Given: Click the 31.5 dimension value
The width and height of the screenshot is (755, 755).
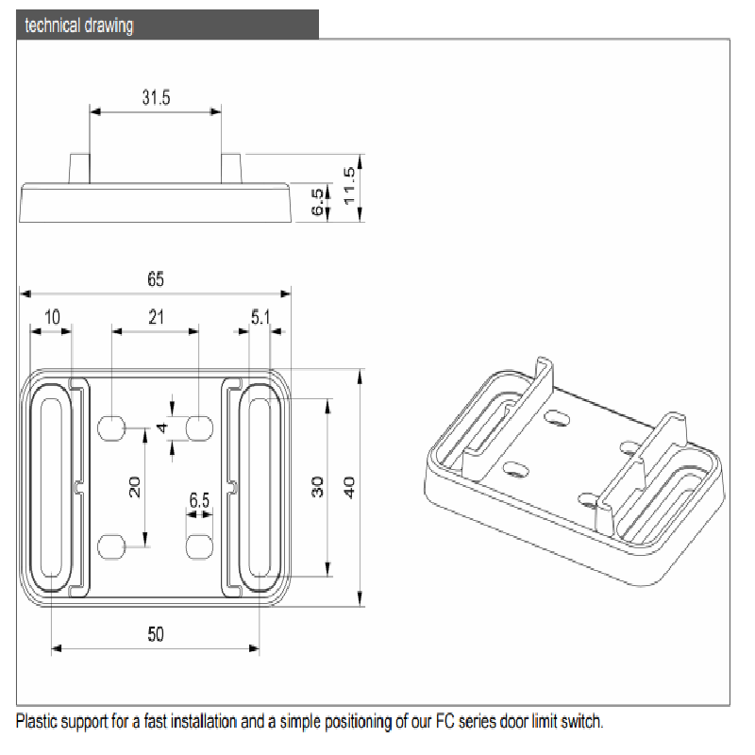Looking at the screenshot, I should click(x=156, y=97).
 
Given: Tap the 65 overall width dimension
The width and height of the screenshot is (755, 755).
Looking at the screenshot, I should click(x=156, y=279).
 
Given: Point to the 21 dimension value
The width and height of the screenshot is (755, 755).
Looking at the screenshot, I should click(x=156, y=317).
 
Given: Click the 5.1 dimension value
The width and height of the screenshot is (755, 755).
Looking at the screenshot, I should click(x=260, y=318).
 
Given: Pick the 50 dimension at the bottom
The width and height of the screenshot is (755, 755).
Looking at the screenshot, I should click(x=156, y=634).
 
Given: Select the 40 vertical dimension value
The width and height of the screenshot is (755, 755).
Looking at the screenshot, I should click(x=349, y=488).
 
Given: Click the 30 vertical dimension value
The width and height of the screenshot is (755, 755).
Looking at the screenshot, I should click(x=318, y=488).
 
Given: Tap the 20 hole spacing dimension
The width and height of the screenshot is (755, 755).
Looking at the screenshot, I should click(x=134, y=487).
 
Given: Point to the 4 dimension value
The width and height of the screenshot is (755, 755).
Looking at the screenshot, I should click(x=161, y=428).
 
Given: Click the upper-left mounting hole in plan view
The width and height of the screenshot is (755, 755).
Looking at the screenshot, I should click(x=111, y=428).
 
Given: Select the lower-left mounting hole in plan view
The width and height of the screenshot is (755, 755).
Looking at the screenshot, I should click(x=111, y=545).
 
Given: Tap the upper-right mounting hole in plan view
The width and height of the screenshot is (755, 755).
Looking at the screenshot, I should click(x=199, y=428).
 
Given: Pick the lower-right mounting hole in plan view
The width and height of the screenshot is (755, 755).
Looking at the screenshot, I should click(x=199, y=545).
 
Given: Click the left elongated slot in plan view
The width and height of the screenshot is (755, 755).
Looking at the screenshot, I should click(x=50, y=487).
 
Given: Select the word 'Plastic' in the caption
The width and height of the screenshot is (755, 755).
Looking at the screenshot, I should click(x=39, y=722).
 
